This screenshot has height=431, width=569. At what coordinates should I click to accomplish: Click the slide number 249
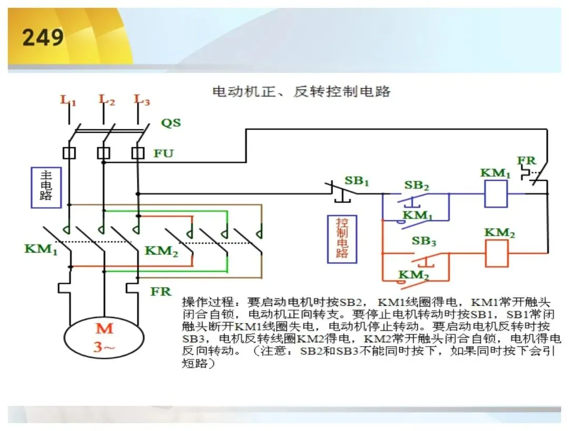[43, 37]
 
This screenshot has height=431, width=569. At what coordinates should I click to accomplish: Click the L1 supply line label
[68, 100]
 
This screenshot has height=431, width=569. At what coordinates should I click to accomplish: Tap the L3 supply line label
[142, 100]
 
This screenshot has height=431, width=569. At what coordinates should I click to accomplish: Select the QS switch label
[171, 122]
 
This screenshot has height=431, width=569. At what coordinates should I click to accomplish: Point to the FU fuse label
[163, 154]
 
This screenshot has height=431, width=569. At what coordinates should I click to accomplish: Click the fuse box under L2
[103, 153]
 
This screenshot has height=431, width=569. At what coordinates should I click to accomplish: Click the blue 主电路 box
[46, 187]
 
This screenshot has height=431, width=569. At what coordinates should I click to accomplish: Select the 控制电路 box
[342, 239]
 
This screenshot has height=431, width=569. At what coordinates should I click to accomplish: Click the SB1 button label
[356, 180]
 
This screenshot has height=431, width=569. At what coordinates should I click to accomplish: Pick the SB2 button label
[417, 185]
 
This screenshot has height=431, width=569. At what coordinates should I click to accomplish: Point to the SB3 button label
[424, 241]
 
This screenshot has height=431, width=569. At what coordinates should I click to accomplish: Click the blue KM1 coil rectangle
[496, 194]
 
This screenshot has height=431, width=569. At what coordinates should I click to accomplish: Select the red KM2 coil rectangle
[497, 254]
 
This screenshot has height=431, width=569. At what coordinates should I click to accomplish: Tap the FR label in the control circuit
[526, 160]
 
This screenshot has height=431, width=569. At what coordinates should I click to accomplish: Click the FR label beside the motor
[161, 291]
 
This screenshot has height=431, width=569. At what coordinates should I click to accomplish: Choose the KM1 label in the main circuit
[41, 250]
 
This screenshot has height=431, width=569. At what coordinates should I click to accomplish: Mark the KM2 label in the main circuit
[162, 251]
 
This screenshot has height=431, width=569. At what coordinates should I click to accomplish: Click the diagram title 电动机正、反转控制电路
[301, 91]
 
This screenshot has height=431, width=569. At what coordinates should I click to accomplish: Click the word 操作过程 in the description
[208, 302]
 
